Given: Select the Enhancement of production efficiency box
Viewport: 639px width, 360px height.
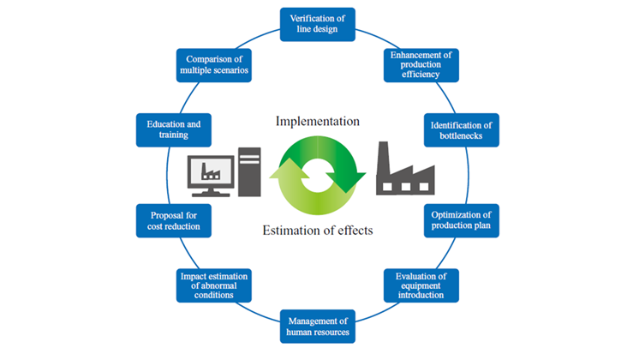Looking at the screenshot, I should (x=421, y=64).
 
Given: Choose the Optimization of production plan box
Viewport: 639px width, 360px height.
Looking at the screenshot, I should (x=461, y=219).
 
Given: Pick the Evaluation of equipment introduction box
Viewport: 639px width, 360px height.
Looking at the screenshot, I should (x=420, y=285).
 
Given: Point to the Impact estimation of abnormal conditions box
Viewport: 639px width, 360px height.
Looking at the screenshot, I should (x=215, y=285).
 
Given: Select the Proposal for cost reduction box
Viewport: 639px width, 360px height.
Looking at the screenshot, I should (x=175, y=219).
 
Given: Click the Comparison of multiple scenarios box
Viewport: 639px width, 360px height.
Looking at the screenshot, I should (x=215, y=64).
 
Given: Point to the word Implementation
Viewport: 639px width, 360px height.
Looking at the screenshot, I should (x=317, y=121).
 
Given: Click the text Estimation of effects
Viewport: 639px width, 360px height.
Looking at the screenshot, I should (x=317, y=229).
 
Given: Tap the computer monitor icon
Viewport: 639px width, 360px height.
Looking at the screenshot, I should (x=212, y=169).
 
